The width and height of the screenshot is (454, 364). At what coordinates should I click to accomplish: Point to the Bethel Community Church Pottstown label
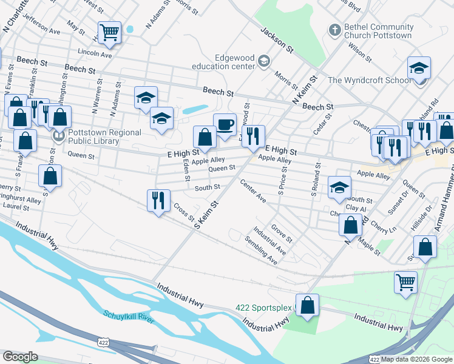click(378, 32)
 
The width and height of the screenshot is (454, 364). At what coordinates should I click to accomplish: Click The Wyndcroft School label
click(369, 80)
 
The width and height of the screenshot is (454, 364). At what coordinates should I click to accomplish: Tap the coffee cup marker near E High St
click(225, 124)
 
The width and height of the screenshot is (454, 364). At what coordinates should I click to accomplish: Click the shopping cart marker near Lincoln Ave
click(109, 32)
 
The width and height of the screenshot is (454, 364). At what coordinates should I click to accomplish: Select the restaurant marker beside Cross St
click(158, 200)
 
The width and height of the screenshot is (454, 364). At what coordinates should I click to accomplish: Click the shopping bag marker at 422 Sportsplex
click(308, 305)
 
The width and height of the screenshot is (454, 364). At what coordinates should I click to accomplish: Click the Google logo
click(21, 357)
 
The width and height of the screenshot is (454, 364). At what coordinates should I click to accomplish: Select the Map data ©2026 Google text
click(416, 359)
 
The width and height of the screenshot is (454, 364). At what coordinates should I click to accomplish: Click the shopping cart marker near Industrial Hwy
click(405, 281)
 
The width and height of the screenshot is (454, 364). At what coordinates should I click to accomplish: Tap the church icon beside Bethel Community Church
click(334, 29)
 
